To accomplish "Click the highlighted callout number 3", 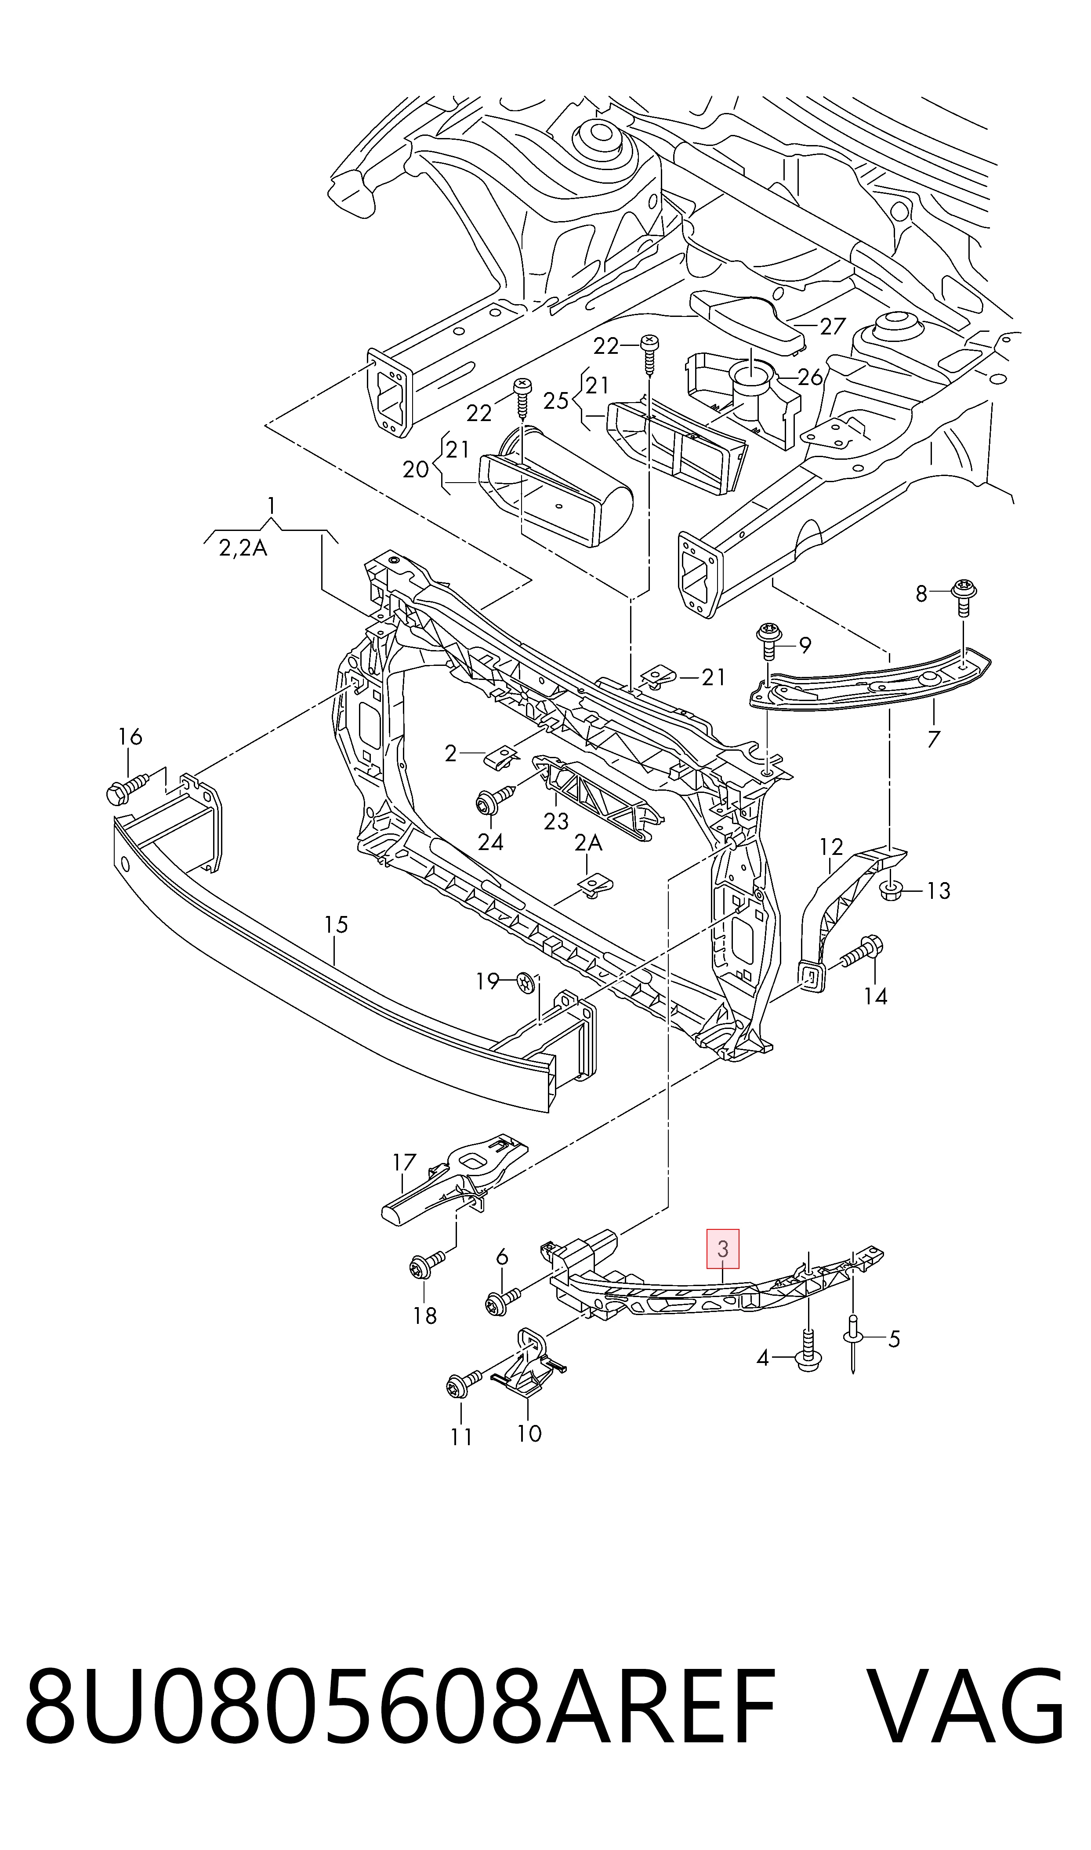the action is tap(723, 1249).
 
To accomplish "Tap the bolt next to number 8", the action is tap(964, 597).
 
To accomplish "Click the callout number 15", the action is tap(336, 924).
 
